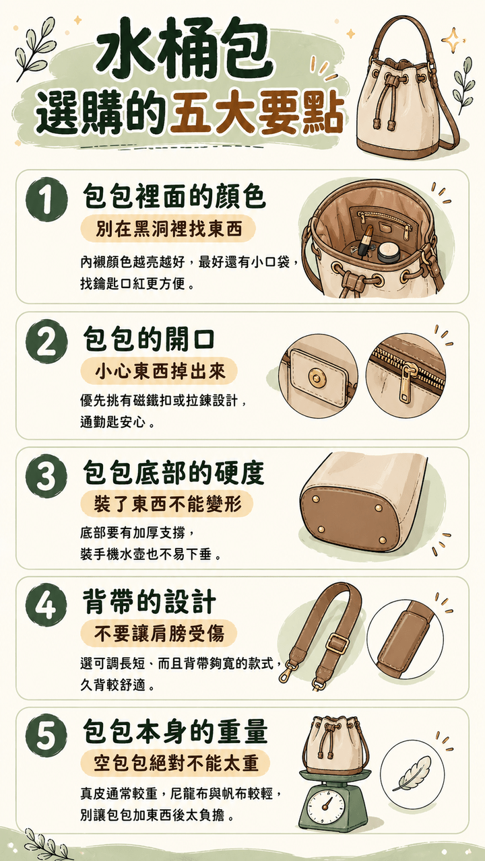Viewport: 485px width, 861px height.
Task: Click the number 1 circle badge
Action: click(46, 199)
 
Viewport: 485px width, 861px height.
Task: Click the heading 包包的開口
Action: click(149, 339)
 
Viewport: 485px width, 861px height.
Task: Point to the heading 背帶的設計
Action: click(149, 602)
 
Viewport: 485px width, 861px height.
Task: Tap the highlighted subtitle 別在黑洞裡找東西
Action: click(168, 230)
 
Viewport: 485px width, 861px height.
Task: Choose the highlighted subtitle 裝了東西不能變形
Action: click(167, 504)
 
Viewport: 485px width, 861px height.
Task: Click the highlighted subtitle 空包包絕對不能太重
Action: click(175, 763)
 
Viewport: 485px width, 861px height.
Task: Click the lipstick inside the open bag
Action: click(365, 241)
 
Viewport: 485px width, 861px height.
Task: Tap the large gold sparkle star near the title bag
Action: click(453, 40)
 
